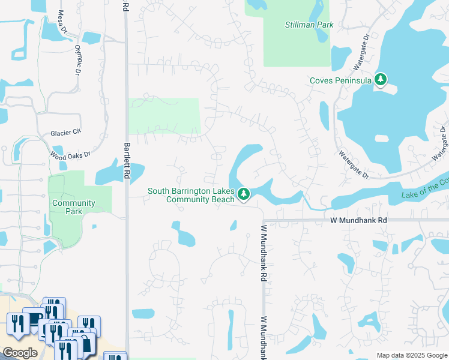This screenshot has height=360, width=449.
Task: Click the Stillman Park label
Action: pyautogui.click(x=308, y=25)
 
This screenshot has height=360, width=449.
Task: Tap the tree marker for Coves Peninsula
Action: pyautogui.click(x=380, y=79)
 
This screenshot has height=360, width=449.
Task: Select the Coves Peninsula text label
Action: pyautogui.click(x=340, y=80)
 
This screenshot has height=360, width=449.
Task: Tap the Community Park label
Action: pyautogui.click(x=73, y=207)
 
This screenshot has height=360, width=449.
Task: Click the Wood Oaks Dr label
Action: pyautogui.click(x=70, y=155)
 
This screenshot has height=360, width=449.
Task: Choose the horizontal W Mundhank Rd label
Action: pyautogui.click(x=358, y=220)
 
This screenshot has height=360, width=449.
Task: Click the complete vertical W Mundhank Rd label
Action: pyautogui.click(x=263, y=253)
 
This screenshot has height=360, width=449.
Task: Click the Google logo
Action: pyautogui.click(x=20, y=353)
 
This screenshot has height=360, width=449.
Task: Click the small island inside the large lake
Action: pyautogui.click(x=382, y=139)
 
